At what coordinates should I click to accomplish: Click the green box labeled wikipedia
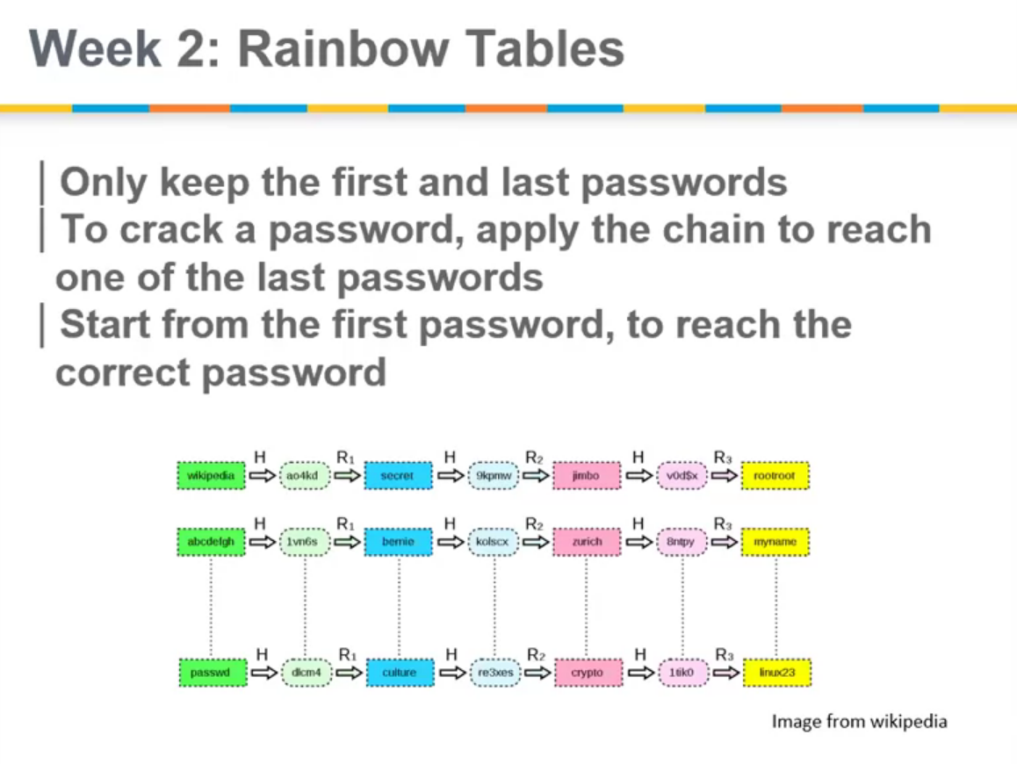click(211, 475)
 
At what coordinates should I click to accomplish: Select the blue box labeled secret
click(399, 475)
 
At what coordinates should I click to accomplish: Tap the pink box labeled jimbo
click(587, 475)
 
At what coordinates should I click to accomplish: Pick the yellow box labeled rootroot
click(775, 475)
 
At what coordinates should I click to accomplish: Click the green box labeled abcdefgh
click(211, 542)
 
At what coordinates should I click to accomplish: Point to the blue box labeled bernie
click(399, 542)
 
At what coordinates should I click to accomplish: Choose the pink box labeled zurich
click(587, 542)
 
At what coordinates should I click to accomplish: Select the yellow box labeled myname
click(775, 542)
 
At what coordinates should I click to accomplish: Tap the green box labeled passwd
click(211, 673)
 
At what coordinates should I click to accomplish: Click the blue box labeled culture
click(399, 673)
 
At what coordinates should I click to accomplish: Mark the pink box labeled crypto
click(587, 673)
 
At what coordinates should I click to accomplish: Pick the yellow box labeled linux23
click(775, 673)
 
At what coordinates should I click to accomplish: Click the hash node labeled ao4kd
click(306, 475)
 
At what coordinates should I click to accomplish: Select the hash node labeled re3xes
click(495, 673)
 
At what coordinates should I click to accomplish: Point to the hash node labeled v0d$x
click(682, 475)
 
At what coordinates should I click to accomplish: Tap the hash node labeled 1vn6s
click(306, 542)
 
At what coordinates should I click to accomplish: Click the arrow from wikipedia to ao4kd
click(261, 475)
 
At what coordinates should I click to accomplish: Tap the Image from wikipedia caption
click(859, 722)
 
